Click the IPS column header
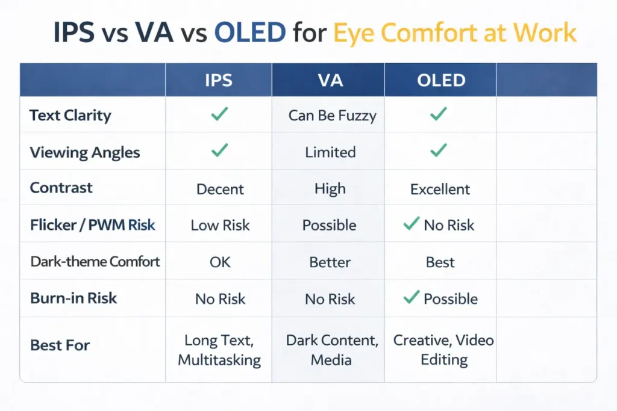(219, 81)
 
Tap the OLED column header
(441, 81)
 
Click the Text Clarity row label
(70, 115)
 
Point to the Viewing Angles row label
(85, 152)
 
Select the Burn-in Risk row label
(74, 298)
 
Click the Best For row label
(60, 345)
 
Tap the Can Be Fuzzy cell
(332, 116)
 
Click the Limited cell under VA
(330, 152)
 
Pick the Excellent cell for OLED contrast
(440, 189)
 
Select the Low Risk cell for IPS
(220, 226)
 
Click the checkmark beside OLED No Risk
(411, 224)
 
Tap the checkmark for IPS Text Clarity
(219, 114)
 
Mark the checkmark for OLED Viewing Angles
(439, 150)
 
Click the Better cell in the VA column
(330, 262)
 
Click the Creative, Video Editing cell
(443, 350)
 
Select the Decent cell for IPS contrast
(221, 189)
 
